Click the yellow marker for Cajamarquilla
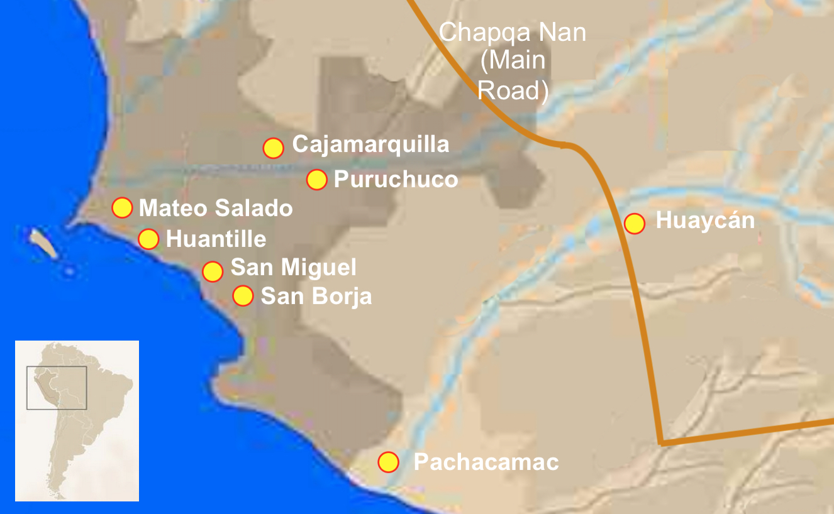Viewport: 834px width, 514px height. tap(273, 148)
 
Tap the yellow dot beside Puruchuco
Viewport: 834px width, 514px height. tap(316, 180)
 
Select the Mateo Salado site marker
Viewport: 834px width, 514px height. tap(122, 207)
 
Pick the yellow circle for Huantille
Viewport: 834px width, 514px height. tap(148, 239)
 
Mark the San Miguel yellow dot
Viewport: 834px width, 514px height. tap(213, 271)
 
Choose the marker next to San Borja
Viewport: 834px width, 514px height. tap(243, 295)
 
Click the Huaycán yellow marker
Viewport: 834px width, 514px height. tap(635, 223)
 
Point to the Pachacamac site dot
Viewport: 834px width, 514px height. tap(389, 462)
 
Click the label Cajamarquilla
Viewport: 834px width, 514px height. tap(370, 145)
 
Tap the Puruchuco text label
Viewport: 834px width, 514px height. tap(396, 179)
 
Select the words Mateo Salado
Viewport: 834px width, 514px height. tap(216, 208)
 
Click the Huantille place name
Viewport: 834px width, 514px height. tap(216, 239)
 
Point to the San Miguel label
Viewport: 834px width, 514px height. tap(293, 268)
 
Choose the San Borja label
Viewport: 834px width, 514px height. tap(316, 296)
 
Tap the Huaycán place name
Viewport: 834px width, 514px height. tap(704, 221)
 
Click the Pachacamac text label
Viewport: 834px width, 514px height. tap(486, 462)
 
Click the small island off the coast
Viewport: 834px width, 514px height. tap(44, 244)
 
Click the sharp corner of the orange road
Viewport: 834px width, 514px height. tap(661, 443)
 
